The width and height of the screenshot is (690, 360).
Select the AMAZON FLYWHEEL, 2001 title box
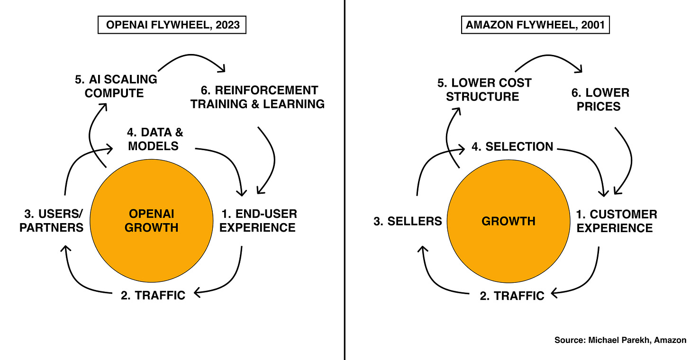pyautogui.click(x=535, y=25)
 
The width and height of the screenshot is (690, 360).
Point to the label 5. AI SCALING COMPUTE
pyautogui.click(x=116, y=86)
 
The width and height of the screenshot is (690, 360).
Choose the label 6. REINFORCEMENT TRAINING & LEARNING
pyautogui.click(x=257, y=97)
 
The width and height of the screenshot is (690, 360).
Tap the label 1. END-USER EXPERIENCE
pyautogui.click(x=258, y=220)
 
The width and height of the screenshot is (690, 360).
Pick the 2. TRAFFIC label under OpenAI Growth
pyautogui.click(x=153, y=295)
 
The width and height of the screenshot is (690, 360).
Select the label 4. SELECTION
pyautogui.click(x=512, y=147)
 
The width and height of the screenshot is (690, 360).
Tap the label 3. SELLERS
pyautogui.click(x=408, y=221)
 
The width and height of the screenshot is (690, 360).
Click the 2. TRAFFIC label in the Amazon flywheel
pyautogui.click(x=512, y=296)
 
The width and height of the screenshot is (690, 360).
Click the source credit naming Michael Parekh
pyautogui.click(x=620, y=340)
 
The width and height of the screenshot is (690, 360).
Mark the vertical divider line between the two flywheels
pyautogui.click(x=345, y=180)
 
